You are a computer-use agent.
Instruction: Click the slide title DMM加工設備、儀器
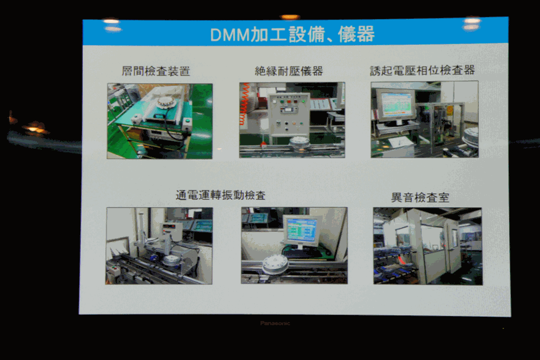[292, 34]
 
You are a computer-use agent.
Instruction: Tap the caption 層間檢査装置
[156, 71]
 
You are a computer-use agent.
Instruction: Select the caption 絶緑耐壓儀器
[289, 71]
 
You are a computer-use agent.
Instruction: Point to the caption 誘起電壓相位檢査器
[422, 70]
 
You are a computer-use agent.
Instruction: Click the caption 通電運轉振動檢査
[221, 195]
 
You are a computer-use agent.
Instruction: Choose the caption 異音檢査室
[420, 198]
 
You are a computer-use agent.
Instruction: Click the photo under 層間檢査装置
[160, 121]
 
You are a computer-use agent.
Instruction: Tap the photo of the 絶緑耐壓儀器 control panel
[292, 120]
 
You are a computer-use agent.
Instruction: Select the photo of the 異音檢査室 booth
[428, 246]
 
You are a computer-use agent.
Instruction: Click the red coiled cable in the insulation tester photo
[244, 104]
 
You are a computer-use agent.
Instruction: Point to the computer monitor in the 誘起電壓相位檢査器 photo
[396, 105]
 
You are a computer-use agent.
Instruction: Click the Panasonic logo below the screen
[275, 323]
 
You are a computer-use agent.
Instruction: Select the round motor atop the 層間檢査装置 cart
[168, 102]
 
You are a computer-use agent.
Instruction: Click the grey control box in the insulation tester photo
[288, 114]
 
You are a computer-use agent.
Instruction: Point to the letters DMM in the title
[230, 35]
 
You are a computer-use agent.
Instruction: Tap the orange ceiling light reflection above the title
[290, 17]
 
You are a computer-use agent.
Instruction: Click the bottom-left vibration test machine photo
[159, 246]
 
